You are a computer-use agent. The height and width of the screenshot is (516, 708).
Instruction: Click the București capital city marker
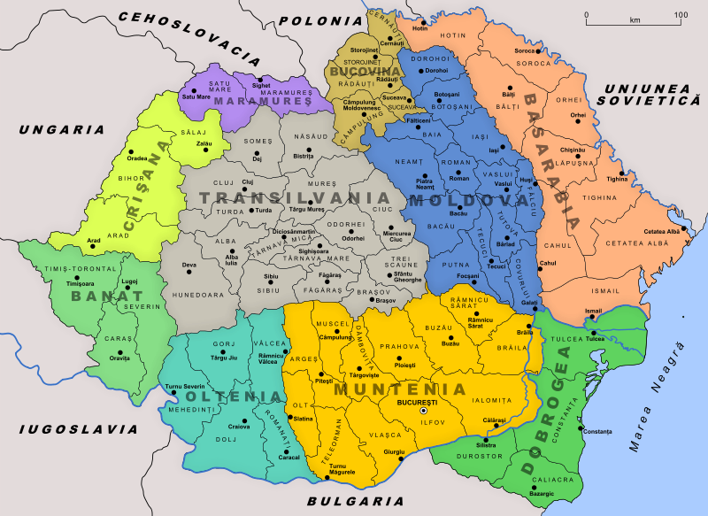[423, 411]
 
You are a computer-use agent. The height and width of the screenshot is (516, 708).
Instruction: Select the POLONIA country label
[314, 19]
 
